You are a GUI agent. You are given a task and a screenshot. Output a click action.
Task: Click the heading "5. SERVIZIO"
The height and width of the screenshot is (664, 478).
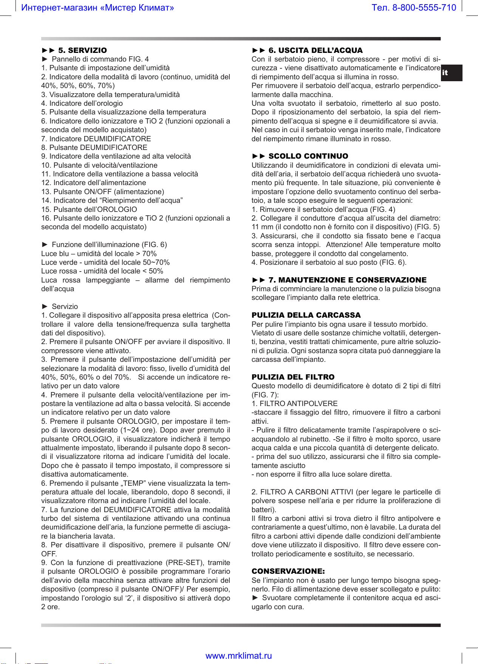coord(82,50)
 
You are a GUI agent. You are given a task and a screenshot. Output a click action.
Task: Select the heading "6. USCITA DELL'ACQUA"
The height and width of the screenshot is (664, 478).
coord(315,50)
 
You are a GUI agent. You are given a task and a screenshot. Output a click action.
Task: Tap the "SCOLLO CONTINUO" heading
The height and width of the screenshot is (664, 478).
coord(308,156)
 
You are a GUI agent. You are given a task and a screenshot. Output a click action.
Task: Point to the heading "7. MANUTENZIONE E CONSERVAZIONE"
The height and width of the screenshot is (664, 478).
coord(347,280)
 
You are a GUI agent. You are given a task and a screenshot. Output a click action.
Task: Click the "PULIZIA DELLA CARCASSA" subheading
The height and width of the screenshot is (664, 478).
coord(306,315)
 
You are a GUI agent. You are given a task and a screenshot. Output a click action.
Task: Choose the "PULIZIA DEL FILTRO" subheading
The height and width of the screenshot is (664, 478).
coord(293,377)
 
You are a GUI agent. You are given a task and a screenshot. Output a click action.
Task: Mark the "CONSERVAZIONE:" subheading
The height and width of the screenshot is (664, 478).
coord(288,571)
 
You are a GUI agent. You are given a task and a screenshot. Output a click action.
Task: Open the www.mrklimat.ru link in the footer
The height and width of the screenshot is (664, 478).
coord(239,656)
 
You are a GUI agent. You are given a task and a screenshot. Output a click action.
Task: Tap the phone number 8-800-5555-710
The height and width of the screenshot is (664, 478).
coord(424,8)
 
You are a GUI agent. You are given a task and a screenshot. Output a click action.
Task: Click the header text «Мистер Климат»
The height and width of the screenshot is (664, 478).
coord(137,8)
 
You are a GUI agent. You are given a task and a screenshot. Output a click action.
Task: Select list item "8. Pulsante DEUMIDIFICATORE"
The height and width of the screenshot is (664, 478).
coord(94,147)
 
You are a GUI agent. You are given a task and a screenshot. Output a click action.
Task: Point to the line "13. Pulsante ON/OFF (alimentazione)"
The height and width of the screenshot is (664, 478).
coord(102,191)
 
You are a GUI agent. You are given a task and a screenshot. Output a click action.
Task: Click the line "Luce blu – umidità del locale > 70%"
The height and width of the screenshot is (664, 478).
coord(99,253)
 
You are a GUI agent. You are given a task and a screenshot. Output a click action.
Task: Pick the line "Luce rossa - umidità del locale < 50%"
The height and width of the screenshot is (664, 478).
coord(102,271)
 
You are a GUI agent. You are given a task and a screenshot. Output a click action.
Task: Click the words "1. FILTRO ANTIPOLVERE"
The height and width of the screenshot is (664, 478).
coord(294,403)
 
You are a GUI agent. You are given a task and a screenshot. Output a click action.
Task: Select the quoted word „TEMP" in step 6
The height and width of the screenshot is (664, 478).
coord(133,483)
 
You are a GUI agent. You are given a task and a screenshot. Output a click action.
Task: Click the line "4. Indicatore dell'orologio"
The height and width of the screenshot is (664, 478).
coord(82,103)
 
